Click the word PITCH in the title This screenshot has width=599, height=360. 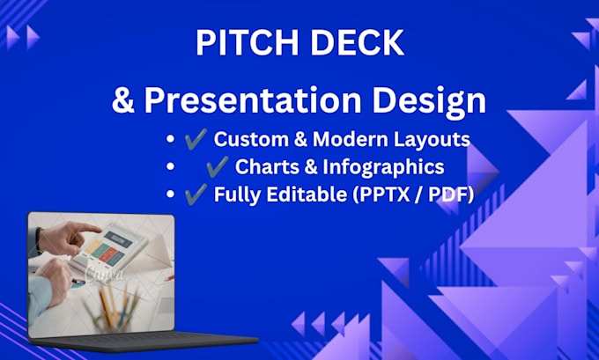[247, 43]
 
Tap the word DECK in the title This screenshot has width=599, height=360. [357, 43]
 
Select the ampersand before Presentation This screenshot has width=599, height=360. [123, 100]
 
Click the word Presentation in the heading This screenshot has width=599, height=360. [253, 101]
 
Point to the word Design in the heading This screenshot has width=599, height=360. [429, 103]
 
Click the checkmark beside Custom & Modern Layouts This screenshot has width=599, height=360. [196, 138]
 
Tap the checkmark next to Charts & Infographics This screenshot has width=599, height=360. [218, 166]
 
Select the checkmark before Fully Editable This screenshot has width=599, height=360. [196, 194]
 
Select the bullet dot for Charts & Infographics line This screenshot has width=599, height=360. [170, 166]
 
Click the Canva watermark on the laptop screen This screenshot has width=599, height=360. [105, 274]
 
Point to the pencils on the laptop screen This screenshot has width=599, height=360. [113, 305]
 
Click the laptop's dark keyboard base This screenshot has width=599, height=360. [144, 342]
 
